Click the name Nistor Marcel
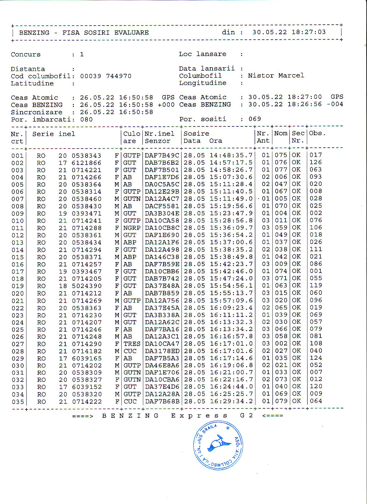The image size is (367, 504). click(x=276, y=76)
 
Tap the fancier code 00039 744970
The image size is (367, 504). click(x=106, y=76)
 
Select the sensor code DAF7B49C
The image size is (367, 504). click(x=162, y=155)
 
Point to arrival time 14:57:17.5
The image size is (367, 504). click(x=231, y=163)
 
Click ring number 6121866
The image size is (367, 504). click(x=87, y=163)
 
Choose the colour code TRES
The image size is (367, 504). click(x=132, y=344)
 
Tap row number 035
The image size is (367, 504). click(x=18, y=402)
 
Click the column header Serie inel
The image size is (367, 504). click(x=53, y=134)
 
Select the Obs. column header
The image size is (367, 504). click(x=317, y=133)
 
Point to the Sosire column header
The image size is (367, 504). click(x=196, y=134)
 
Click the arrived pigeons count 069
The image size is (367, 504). click(x=255, y=119)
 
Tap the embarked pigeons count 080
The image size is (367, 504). click(x=86, y=120)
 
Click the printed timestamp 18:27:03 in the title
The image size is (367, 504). click(x=309, y=32)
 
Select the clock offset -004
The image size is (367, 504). click(x=335, y=104)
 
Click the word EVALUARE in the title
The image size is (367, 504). click(x=131, y=32)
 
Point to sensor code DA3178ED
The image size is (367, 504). click(x=162, y=351)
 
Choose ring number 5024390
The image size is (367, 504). click(x=87, y=286)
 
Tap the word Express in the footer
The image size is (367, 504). click(x=199, y=416)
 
